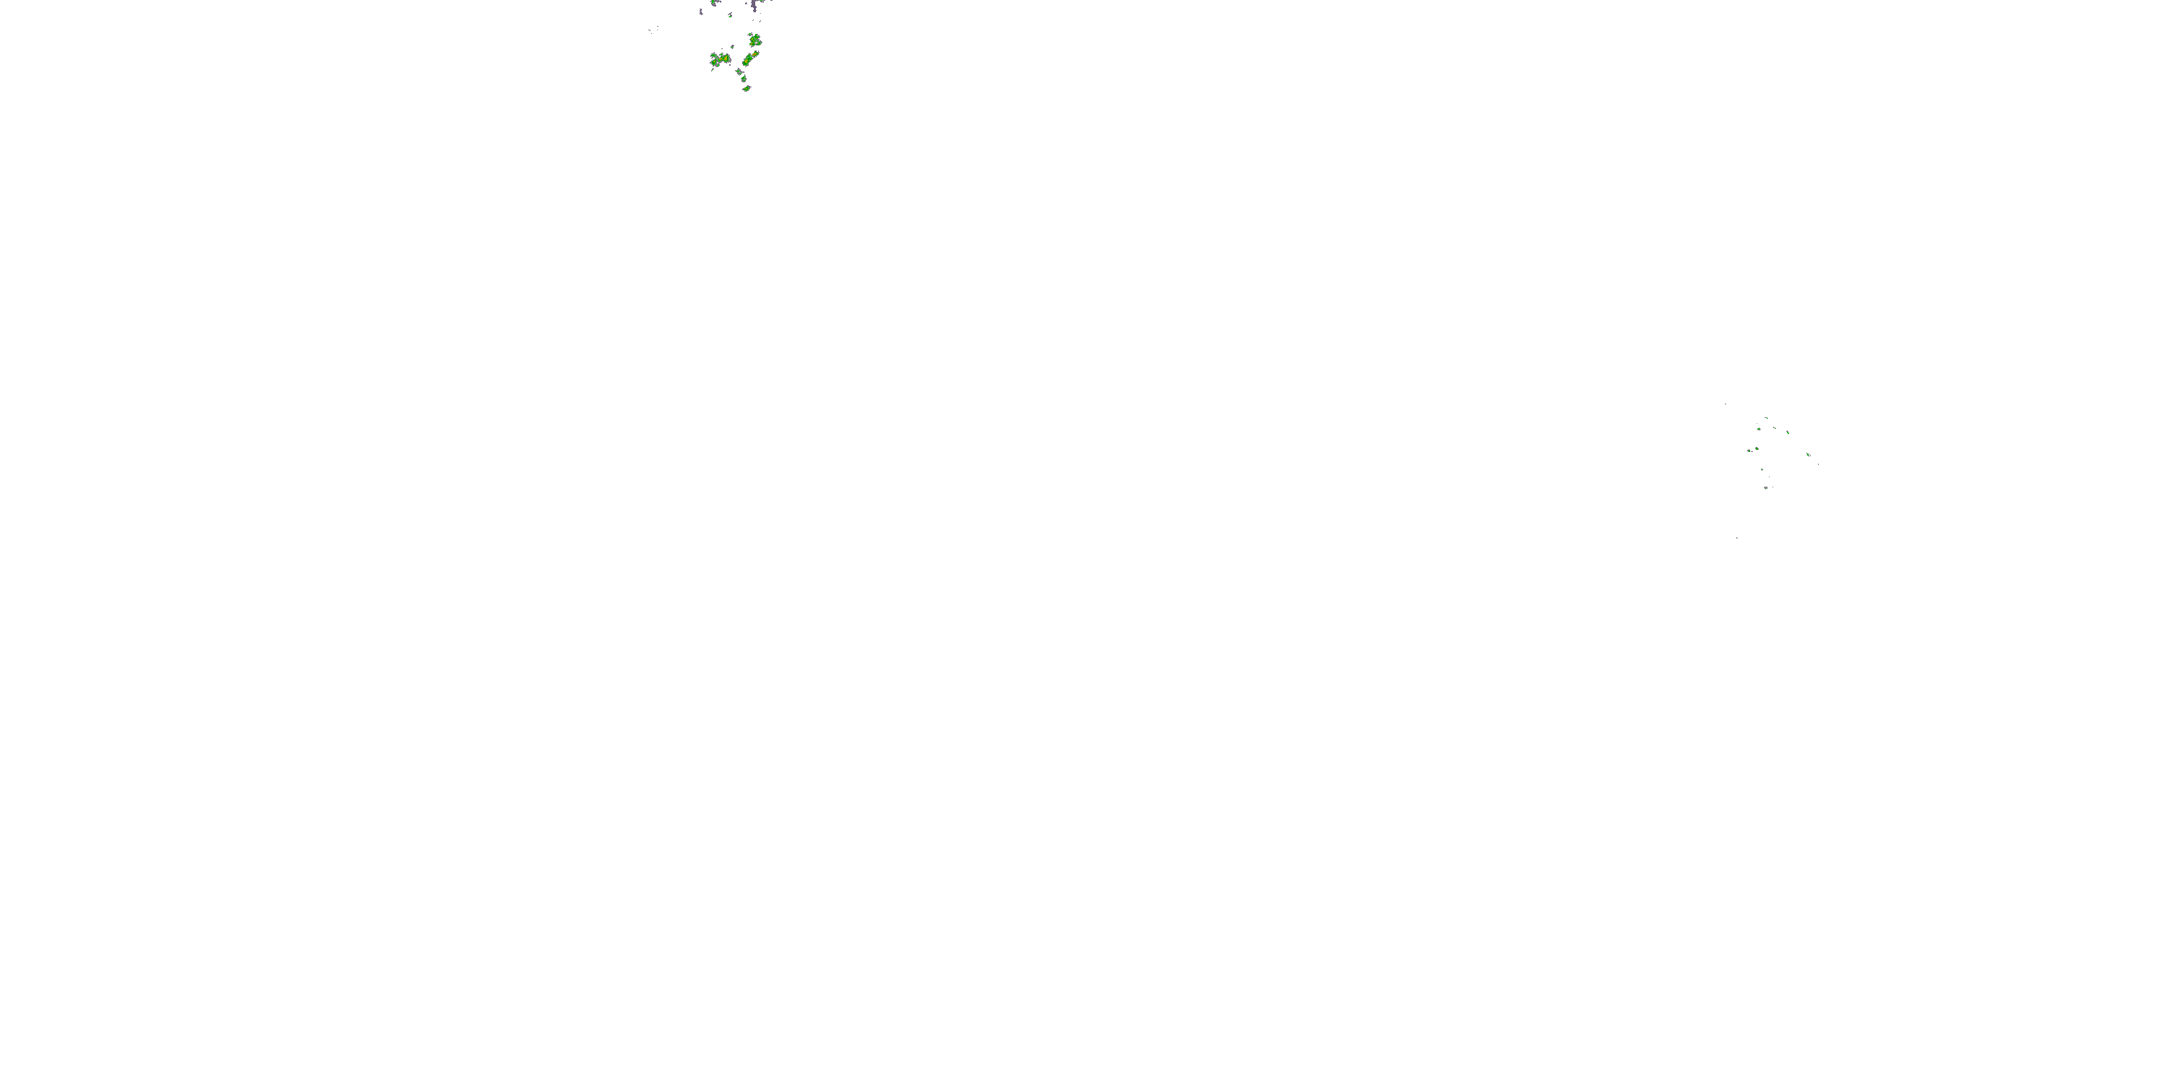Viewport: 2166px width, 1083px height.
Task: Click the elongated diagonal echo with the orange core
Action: coord(750,58)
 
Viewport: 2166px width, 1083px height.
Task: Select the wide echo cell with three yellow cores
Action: coord(720,59)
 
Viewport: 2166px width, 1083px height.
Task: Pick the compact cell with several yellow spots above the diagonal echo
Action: coord(755,40)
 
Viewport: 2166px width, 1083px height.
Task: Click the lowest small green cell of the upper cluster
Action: coord(746,87)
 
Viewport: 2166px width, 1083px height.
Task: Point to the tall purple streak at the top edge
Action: coord(754,6)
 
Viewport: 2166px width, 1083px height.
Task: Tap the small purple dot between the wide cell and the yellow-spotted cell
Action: coord(732,47)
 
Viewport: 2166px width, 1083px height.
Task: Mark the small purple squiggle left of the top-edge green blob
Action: coord(701,11)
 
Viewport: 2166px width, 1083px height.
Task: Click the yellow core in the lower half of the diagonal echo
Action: coord(746,61)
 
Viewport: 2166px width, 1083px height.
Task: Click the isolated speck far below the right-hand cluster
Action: coord(1737,538)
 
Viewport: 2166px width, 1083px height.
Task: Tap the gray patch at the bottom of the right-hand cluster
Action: coord(1766,487)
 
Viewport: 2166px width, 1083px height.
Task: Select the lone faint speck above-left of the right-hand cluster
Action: coord(1726,404)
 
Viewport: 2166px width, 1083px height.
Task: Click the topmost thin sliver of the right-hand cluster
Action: coord(1766,418)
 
